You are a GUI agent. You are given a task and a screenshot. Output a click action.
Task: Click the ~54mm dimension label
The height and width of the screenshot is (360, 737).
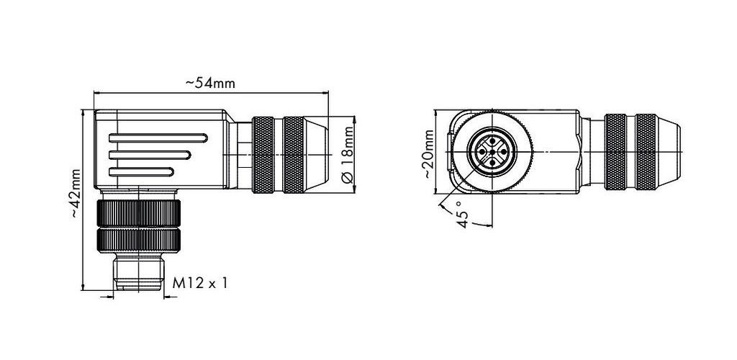pyautogui.click(x=211, y=84)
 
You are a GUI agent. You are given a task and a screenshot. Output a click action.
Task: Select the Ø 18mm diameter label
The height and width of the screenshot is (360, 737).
pyautogui.click(x=347, y=154)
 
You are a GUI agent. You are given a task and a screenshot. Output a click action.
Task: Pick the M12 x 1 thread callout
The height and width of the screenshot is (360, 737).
pyautogui.click(x=200, y=283)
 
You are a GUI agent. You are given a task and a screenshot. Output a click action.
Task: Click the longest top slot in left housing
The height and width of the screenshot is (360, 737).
pyautogui.click(x=158, y=138)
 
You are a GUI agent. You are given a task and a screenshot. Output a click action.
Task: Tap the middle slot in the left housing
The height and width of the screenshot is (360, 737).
pyautogui.click(x=150, y=155)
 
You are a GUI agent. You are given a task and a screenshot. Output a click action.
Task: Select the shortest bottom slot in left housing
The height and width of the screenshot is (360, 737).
pyautogui.click(x=141, y=172)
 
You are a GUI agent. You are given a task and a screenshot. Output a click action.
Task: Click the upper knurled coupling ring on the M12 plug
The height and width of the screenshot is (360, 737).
pyautogui.click(x=139, y=213)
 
